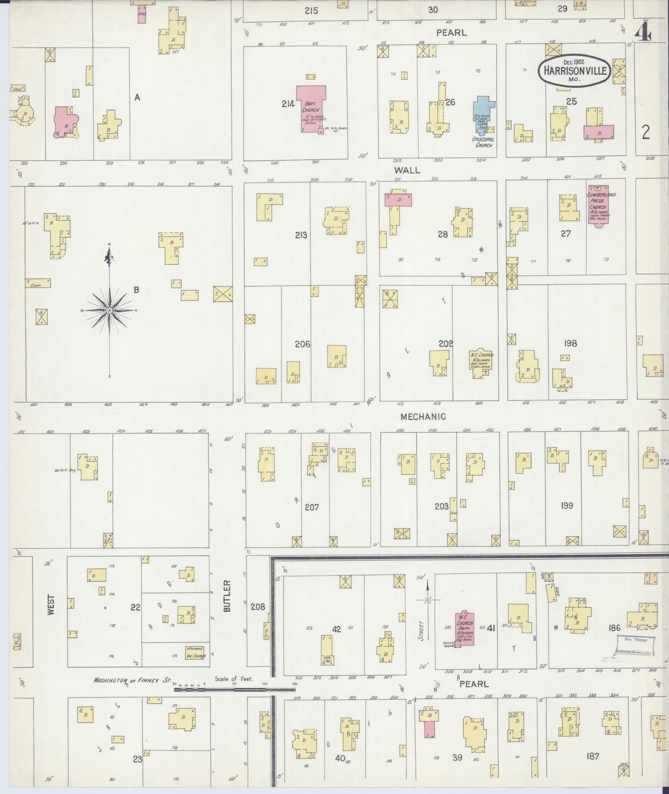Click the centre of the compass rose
(x=109, y=310)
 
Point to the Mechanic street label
(x=423, y=416)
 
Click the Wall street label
(x=407, y=170)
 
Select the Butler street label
(x=227, y=596)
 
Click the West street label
(x=50, y=605)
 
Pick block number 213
(x=301, y=235)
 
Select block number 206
(x=302, y=344)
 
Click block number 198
(x=570, y=343)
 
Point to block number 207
(x=312, y=507)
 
